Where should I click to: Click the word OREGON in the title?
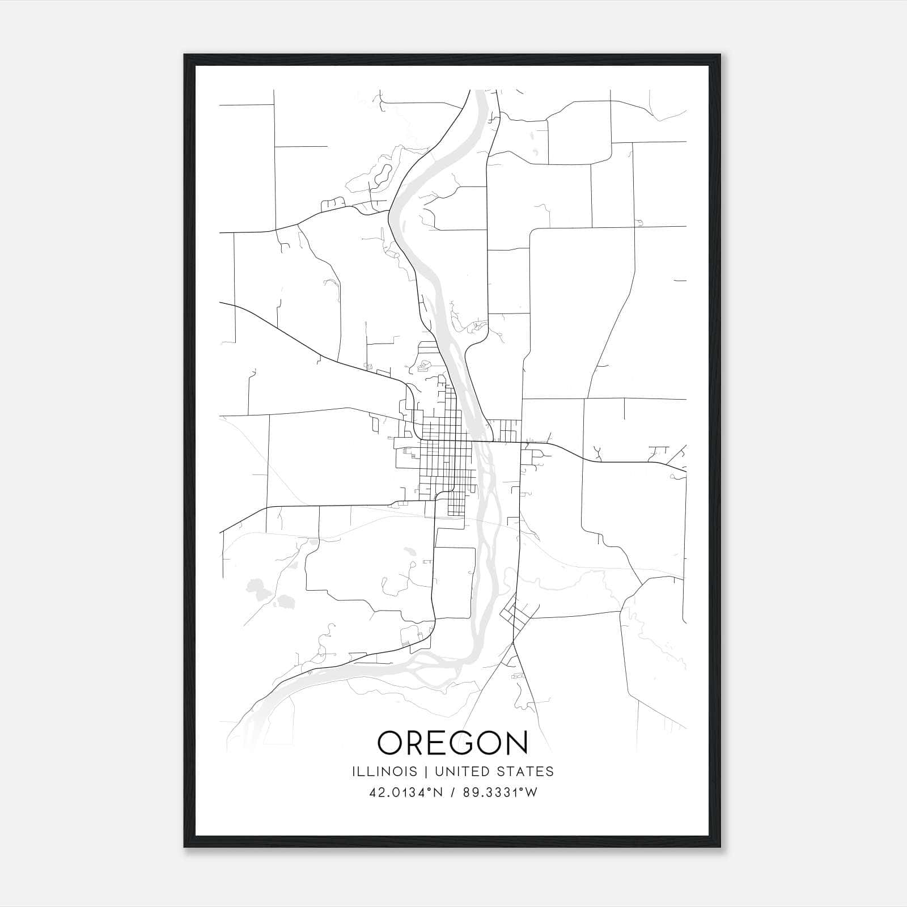[x=453, y=743]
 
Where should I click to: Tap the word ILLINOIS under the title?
[x=384, y=772]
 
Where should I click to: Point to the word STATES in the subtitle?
[x=526, y=772]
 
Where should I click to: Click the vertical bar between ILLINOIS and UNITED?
[x=421, y=772]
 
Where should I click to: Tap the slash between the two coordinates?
[x=452, y=792]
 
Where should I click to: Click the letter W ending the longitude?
[x=531, y=792]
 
